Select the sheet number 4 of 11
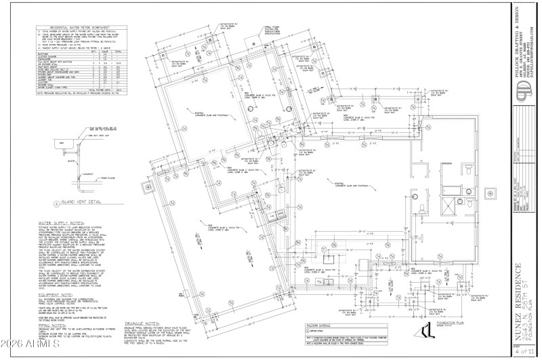524,351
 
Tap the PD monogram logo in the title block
524,89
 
